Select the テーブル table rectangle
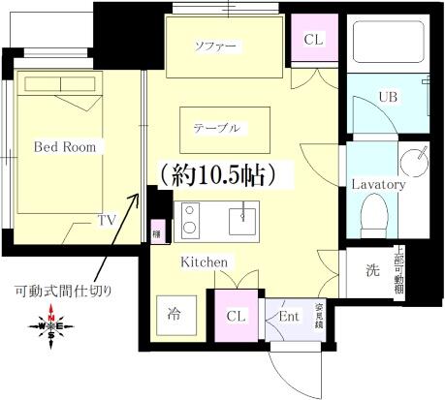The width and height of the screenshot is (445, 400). [216, 127]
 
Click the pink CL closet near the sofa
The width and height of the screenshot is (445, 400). [314, 41]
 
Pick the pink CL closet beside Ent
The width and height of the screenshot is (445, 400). [236, 315]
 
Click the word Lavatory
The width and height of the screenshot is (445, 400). [377, 183]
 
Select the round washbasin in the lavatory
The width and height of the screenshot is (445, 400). [416, 160]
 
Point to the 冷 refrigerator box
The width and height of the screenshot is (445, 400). [175, 314]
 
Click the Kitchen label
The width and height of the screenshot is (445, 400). [204, 262]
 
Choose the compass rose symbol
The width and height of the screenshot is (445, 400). [50, 326]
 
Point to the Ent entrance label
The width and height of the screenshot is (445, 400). [288, 315]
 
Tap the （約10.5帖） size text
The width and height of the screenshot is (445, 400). [219, 174]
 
